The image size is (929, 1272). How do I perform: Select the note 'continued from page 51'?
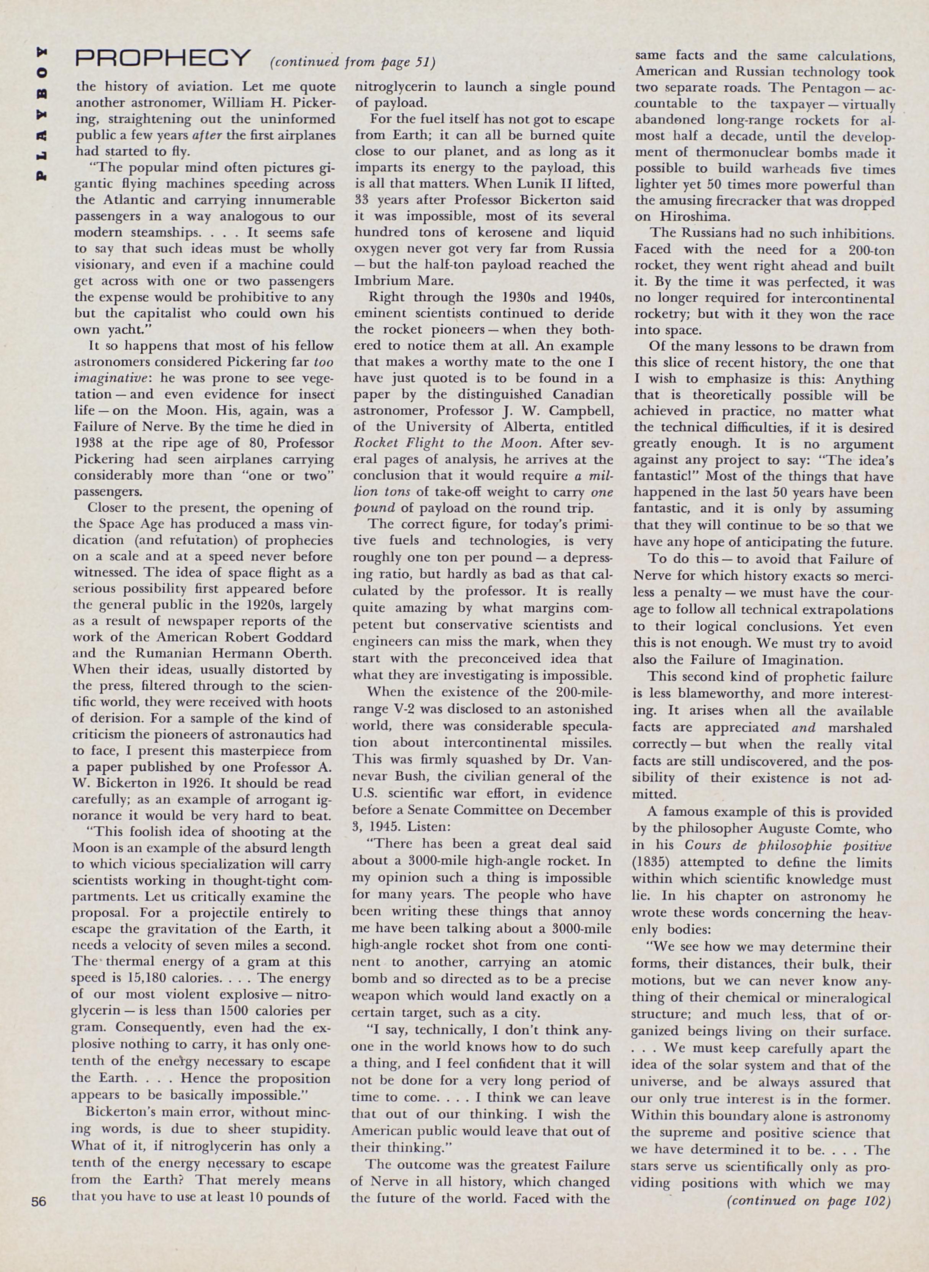click(x=353, y=62)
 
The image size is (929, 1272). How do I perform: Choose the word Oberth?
click(x=304, y=654)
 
